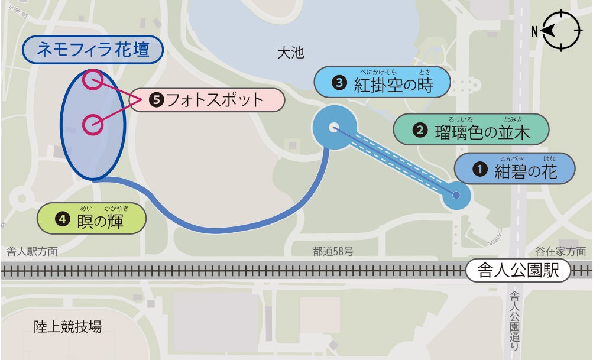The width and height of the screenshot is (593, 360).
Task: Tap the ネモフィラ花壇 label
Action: pos(92,50)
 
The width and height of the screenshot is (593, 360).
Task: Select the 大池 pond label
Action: pos(290,53)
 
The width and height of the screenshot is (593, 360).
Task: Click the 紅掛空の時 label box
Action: pos(382,83)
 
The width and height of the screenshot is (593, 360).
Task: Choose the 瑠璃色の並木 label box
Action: pos(471,129)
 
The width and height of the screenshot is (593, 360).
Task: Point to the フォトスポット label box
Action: pos(207,100)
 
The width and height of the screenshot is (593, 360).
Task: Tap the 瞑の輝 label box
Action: pos(92,219)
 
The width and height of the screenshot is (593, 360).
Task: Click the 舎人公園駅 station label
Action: pos(518,271)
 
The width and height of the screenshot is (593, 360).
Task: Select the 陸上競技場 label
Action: pos(67,326)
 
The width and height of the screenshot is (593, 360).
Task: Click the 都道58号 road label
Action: pos(333,252)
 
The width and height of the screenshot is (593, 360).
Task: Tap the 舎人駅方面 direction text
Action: pos(32,252)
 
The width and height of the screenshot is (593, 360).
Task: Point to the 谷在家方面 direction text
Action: pos(560,252)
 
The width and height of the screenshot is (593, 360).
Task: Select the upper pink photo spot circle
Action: pos(93,79)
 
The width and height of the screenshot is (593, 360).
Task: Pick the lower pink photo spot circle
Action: pos(92,124)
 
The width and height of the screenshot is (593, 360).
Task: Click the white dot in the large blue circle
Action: pos(333,127)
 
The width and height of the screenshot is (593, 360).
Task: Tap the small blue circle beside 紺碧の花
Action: pos(456,195)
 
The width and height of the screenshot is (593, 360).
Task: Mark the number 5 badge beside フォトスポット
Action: pos(156,100)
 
